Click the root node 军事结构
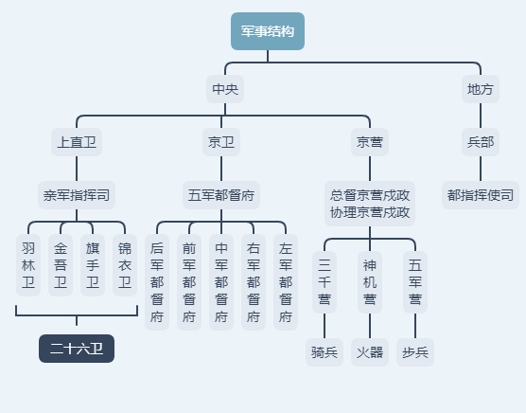(x=268, y=31)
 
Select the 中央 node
(x=224, y=90)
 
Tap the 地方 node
(x=480, y=90)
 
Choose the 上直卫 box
(x=77, y=143)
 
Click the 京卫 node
(x=221, y=143)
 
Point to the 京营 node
(x=369, y=143)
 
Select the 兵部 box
(x=480, y=143)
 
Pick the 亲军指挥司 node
(x=77, y=196)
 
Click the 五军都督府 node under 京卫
(x=222, y=196)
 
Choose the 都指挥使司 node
(x=481, y=196)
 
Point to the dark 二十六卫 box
(x=77, y=349)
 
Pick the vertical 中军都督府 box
(x=221, y=282)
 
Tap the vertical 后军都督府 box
(x=157, y=282)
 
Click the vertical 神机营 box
(x=370, y=282)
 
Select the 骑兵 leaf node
(x=324, y=352)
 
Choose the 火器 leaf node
(x=370, y=352)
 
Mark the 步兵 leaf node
(x=415, y=352)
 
